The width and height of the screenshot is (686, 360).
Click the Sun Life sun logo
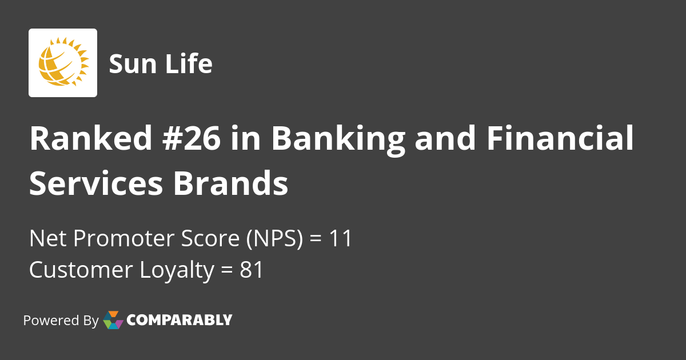pyautogui.click(x=63, y=62)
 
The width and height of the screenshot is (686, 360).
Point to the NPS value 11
pyautogui.click(x=340, y=239)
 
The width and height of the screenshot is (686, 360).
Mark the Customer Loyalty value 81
pyautogui.click(x=252, y=270)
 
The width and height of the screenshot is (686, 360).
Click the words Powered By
pyautogui.click(x=61, y=321)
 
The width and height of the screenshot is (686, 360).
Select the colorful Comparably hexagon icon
pyautogui.click(x=113, y=320)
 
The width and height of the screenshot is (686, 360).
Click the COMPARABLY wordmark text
pyautogui.click(x=179, y=320)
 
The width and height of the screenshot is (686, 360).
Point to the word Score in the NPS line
pyautogui.click(x=214, y=239)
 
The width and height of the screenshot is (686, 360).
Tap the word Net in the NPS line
pyautogui.click(x=45, y=239)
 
